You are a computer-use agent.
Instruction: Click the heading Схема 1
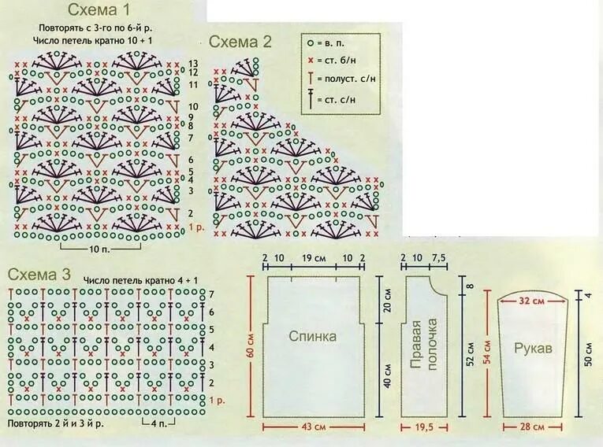pos(99,10)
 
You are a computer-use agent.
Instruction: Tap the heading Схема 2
pos(240,42)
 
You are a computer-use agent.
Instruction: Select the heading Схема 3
pos(39,275)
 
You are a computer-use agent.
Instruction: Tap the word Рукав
pos(532,347)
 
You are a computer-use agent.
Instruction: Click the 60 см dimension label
pos(251,347)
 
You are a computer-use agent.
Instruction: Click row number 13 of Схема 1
pos(194,63)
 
